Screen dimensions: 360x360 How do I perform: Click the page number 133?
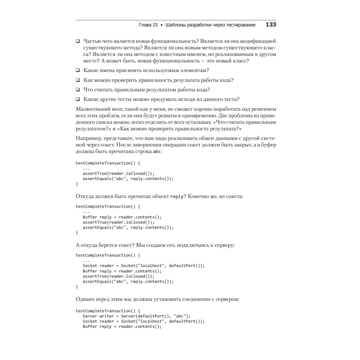coord(271,25)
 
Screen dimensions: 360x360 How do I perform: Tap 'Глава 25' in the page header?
coord(148,25)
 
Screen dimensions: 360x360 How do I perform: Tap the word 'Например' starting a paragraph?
coord(88,138)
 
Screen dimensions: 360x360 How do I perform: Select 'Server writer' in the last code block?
coord(97,316)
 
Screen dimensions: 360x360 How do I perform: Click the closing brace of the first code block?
coord(77,184)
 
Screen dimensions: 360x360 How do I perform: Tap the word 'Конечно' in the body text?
coord(199,197)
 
